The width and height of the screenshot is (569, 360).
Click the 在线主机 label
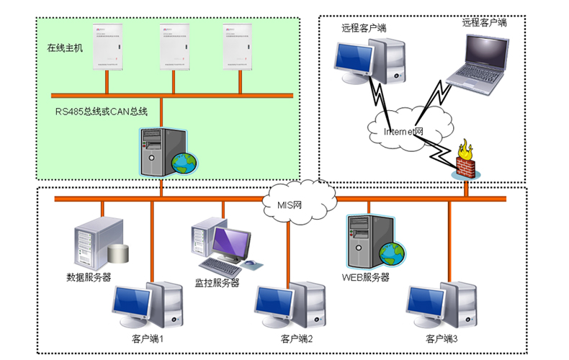pyautogui.click(x=66, y=49)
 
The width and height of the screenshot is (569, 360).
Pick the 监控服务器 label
pyautogui.click(x=217, y=283)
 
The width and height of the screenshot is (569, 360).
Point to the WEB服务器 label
pyautogui.click(x=365, y=277)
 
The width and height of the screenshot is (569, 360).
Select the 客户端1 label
pyautogui.click(x=147, y=338)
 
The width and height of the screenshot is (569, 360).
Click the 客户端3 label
pyautogui.click(x=442, y=338)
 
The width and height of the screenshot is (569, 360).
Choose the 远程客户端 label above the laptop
pyautogui.click(x=484, y=22)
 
